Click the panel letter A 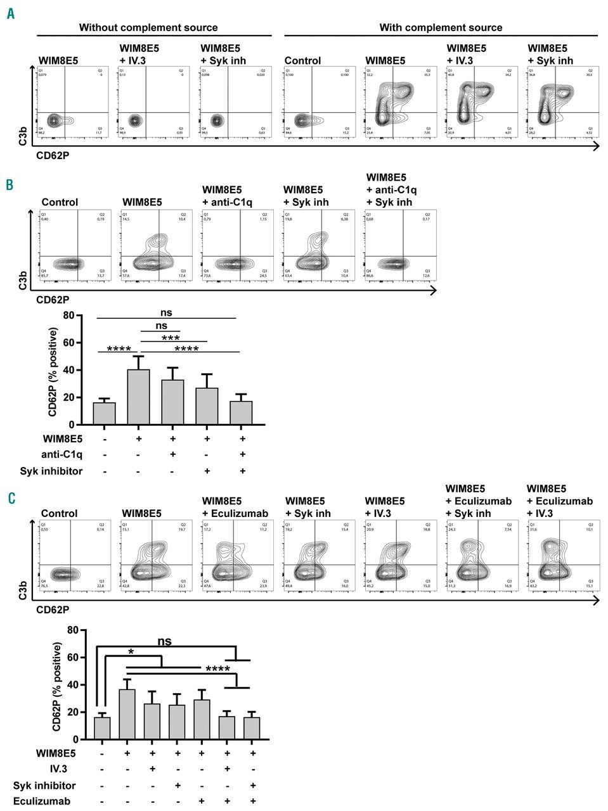(11, 13)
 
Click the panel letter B (10, 184)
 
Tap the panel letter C (11, 498)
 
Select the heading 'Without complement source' (148, 28)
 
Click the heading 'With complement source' (441, 28)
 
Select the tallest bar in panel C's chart (127, 714)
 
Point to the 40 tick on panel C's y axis (73, 685)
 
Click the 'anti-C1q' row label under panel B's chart (61, 454)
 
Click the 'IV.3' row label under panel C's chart (58, 769)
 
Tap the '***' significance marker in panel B (171, 338)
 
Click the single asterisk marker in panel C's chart (130, 653)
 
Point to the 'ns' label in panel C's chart (164, 641)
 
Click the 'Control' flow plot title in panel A (302, 61)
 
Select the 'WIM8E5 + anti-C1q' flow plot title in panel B (227, 196)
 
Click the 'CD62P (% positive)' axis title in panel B (53, 372)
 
